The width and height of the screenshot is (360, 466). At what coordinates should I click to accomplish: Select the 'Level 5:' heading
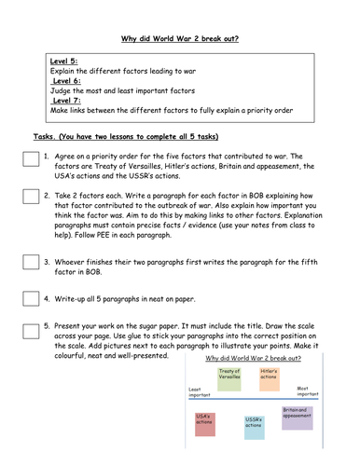click(64, 62)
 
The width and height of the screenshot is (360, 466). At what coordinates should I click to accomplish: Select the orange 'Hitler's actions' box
click(269, 377)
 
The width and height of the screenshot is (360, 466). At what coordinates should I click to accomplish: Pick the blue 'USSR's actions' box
click(255, 428)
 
